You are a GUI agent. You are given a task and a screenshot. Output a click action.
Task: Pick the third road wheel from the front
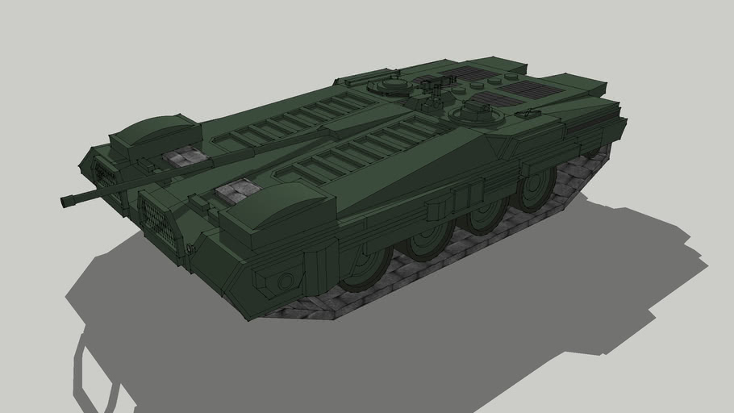(x=486, y=215)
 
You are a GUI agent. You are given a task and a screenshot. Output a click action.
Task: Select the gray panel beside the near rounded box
(x=238, y=191)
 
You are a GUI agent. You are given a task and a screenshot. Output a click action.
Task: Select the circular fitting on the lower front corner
(x=284, y=282)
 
